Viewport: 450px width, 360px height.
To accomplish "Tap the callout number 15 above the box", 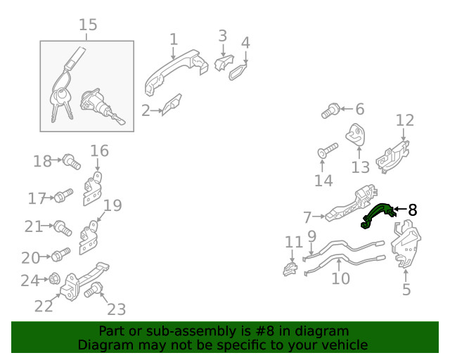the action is tap(88, 25).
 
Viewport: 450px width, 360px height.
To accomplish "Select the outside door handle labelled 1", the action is tap(175, 72).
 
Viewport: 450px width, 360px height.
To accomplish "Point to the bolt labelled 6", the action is tap(330, 111).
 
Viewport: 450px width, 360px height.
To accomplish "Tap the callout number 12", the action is tap(405, 120).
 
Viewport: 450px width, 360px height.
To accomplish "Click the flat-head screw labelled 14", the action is tap(328, 150).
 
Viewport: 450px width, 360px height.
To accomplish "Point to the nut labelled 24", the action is tap(53, 278).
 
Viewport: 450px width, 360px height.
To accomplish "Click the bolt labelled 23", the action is tap(94, 290).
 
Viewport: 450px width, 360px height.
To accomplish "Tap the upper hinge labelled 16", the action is tap(92, 188).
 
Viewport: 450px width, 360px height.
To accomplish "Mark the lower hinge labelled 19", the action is tap(89, 238).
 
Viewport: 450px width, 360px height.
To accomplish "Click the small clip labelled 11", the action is tap(290, 269).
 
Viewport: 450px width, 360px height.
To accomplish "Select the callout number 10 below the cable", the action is tap(340, 278).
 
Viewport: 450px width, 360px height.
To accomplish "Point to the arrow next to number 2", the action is tap(157, 110).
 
